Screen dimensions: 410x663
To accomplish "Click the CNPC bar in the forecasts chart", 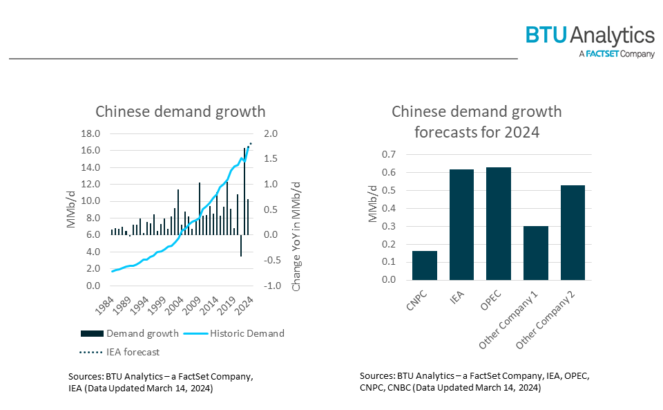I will pos(425,265).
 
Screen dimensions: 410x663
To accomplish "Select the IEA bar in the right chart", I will pos(462,225).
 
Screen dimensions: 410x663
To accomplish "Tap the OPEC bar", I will pos(499,224).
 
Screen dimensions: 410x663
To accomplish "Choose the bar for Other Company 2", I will pos(573,233).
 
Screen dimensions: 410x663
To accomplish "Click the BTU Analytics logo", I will pos(590,35).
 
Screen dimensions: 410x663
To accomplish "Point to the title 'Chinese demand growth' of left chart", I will pos(180,111).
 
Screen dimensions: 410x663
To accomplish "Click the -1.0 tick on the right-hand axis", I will pos(272,286).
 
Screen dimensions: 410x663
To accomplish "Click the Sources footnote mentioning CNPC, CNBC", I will pos(474,382).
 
